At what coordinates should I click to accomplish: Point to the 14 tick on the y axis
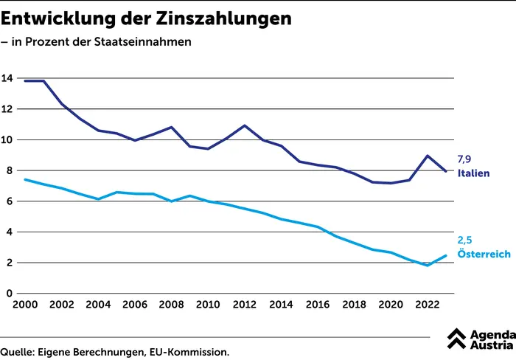[x=7, y=78]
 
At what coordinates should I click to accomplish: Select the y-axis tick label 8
[x=10, y=170]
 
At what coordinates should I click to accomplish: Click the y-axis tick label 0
[x=10, y=294]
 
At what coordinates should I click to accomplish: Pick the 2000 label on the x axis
[x=25, y=305]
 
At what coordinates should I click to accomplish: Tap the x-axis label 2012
[x=244, y=305]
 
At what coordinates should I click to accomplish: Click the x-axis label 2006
[x=135, y=305]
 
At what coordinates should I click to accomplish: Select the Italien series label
[x=474, y=173]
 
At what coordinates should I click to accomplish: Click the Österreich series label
[x=484, y=254]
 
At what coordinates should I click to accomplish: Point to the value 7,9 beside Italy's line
[x=465, y=159]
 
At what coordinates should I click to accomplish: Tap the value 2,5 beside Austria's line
[x=465, y=240]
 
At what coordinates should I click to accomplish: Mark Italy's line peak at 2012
[x=245, y=125]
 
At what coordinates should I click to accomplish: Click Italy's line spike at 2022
[x=428, y=156]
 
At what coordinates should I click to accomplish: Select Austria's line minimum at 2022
[x=428, y=265]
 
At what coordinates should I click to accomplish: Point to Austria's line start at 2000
[x=26, y=179]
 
